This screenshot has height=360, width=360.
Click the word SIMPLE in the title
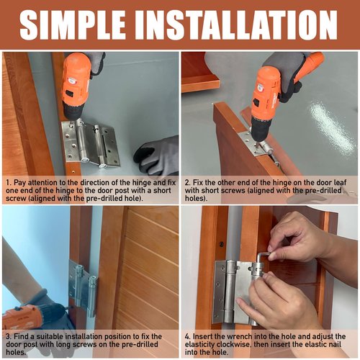(73, 24)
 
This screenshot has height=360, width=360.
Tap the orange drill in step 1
(76, 86)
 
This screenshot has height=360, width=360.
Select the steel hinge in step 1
(91, 145)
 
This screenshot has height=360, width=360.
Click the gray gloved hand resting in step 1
(157, 156)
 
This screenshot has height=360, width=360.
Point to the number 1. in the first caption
(9, 182)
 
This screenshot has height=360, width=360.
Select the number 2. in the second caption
(188, 182)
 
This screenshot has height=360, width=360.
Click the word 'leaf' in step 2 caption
(341, 182)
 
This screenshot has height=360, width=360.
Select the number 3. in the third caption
(9, 336)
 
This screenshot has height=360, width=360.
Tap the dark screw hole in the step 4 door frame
(222, 245)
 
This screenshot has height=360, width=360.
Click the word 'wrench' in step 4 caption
(239, 336)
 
